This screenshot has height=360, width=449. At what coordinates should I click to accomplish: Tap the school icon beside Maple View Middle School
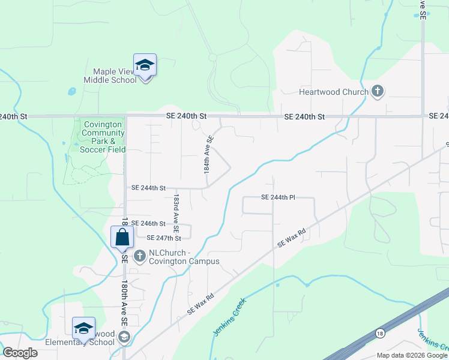tap(145, 65)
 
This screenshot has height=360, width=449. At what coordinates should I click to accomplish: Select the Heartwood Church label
tap(333, 92)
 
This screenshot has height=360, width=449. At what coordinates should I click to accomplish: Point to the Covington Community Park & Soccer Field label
tap(103, 137)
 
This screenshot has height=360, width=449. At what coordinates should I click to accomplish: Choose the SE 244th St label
tap(148, 188)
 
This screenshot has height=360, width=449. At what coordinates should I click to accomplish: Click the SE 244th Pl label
tap(279, 197)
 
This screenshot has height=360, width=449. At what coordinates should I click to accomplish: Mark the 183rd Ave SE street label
tap(176, 212)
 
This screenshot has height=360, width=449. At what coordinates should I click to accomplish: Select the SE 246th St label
tap(148, 223)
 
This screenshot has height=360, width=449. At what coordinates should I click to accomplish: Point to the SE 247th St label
tap(164, 238)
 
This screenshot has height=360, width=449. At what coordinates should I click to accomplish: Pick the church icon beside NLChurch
tap(139, 256)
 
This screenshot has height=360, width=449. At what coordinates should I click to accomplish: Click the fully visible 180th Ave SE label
tap(124, 303)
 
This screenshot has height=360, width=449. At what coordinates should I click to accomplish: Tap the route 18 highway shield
tap(379, 333)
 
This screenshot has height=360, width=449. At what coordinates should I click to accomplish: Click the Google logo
tap(20, 353)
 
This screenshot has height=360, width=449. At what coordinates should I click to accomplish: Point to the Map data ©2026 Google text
tap(412, 355)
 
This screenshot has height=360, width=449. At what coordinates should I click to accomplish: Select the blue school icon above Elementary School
tap(84, 328)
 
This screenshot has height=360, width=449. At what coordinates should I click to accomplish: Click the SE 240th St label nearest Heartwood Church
tap(304, 116)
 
